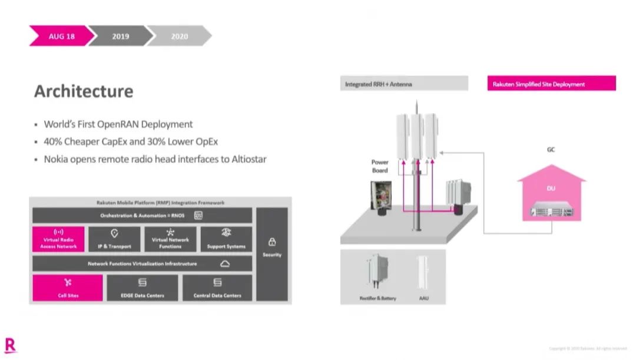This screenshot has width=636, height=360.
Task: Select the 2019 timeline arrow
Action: tap(120, 36)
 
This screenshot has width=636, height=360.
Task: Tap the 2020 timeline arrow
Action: tap(179, 36)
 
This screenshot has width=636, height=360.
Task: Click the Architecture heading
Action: tap(84, 91)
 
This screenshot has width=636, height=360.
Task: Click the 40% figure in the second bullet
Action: tap(54, 141)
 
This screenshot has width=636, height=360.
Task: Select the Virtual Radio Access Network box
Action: tap(58, 239)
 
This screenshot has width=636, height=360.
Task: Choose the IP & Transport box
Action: tap(114, 239)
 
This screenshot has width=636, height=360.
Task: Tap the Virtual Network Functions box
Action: tap(170, 239)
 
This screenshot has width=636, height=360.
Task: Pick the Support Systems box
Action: tap(226, 239)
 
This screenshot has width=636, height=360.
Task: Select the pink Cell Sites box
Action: tap(68, 288)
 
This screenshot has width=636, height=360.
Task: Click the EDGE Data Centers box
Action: tap(142, 288)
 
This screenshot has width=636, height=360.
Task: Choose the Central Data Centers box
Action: tap(217, 288)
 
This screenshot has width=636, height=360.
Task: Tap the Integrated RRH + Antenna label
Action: tap(404, 84)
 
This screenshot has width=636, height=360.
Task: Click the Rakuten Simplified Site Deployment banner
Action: tap(552, 84)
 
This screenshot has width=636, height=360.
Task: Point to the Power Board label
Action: tap(380, 166)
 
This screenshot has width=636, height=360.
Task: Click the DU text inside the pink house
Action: tap(551, 189)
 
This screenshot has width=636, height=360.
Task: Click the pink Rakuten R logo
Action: tap(10, 345)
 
